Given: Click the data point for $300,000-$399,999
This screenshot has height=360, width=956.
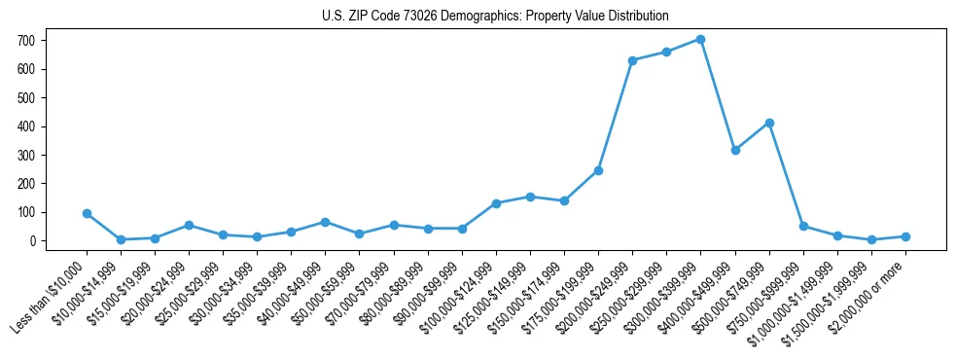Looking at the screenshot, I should [700, 40].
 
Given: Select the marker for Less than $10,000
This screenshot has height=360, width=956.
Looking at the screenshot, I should [87, 213].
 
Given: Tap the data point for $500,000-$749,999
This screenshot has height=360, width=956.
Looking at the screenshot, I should [769, 123].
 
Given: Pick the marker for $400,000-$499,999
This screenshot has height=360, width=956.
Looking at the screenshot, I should [735, 150].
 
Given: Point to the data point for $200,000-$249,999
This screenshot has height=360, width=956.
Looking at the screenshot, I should [632, 60].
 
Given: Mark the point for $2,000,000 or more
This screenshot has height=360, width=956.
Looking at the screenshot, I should [905, 236].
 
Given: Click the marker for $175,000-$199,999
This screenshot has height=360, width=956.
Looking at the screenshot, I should [598, 170].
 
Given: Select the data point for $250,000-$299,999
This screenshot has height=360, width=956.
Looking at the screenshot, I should [666, 52].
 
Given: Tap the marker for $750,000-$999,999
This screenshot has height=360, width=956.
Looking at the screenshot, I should [803, 226].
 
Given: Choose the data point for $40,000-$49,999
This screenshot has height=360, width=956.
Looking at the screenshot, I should [325, 222].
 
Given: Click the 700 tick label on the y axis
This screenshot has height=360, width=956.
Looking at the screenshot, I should [25, 41].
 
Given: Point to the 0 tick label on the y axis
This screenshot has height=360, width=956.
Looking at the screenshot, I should [31, 240].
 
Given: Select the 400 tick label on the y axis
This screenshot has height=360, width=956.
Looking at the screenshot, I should [25, 126].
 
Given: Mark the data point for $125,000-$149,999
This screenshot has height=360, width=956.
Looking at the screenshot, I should [530, 197].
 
